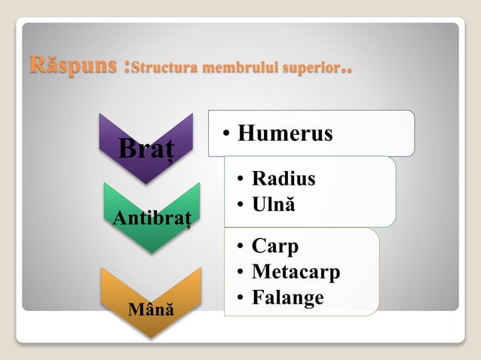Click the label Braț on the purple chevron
coord(146,148)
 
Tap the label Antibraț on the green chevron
coord(152,218)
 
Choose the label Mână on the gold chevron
coord(151,309)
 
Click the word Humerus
coord(285,133)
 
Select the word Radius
coord(283,178)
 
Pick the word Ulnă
coord(274,204)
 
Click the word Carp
coord(275,246)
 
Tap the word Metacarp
coord(296,271)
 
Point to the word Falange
coord(288,297)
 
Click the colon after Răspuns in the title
coord(124,67)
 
